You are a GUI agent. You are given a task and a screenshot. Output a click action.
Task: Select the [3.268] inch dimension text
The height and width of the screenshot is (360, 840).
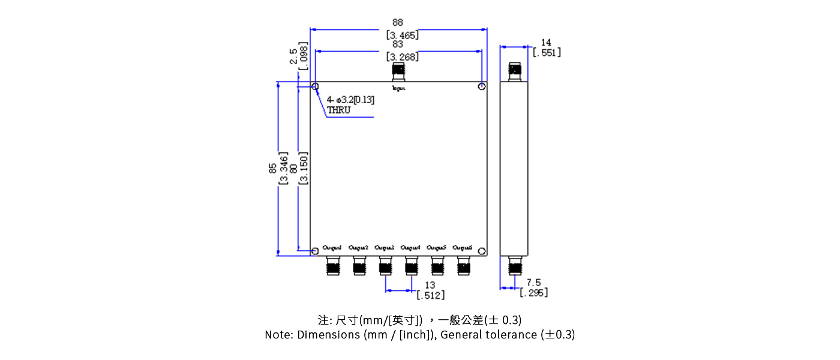402,57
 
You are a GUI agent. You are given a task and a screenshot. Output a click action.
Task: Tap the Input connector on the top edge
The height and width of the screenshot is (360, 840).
398,72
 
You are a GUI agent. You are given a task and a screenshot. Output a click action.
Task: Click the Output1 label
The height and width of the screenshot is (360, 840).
332,247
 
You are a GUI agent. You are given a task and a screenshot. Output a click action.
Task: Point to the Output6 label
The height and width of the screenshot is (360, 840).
463,247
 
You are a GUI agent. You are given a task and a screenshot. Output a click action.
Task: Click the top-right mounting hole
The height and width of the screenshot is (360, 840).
482,87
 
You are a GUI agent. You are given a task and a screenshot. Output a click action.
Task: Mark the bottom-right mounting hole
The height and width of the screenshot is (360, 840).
482,251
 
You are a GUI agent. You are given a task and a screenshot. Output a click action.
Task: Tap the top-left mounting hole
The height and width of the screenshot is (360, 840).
315,87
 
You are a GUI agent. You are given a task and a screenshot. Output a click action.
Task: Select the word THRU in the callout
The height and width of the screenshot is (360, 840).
338,110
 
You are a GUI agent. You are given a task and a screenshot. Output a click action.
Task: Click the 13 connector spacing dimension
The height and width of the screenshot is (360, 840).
430,285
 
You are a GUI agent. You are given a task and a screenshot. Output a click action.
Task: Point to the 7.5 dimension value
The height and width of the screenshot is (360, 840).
533,283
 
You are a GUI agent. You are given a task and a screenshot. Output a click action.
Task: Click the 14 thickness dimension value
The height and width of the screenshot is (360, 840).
546,43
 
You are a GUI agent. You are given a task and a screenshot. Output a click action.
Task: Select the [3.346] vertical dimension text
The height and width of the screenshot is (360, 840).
284,169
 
